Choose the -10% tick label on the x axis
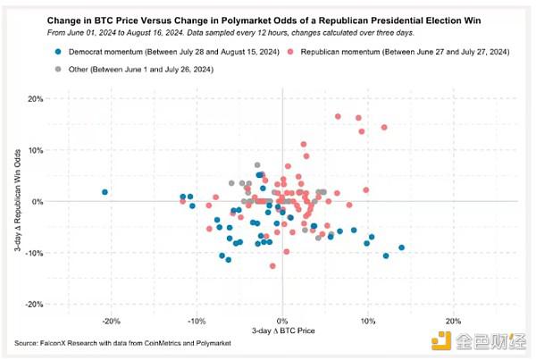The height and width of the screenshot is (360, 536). point(197,321)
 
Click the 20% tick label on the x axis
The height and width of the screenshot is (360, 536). point(453,321)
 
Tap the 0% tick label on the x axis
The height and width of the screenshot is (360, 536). point(282,321)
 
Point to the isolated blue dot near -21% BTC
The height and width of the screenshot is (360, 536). point(105,192)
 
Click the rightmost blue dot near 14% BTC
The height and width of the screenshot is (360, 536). point(401,247)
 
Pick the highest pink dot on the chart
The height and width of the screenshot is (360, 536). point(338,116)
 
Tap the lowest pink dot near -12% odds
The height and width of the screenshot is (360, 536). point(272,266)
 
